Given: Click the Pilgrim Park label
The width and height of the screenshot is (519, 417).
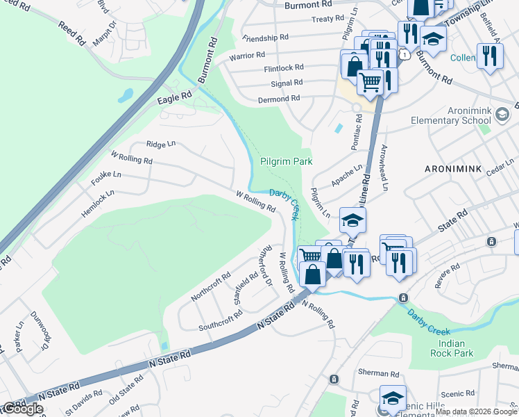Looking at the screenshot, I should (286, 161).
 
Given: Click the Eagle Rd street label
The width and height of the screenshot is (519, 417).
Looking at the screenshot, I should (174, 99).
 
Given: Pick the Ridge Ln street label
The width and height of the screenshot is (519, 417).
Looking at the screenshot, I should (161, 144).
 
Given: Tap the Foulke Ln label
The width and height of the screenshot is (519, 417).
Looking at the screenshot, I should (105, 174).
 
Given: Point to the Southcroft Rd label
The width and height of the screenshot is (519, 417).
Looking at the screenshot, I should (221, 317).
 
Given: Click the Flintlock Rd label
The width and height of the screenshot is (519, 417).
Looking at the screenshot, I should (283, 67).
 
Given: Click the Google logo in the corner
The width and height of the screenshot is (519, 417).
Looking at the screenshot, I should (22, 409).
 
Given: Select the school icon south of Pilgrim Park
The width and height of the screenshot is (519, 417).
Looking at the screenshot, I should (352, 221).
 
